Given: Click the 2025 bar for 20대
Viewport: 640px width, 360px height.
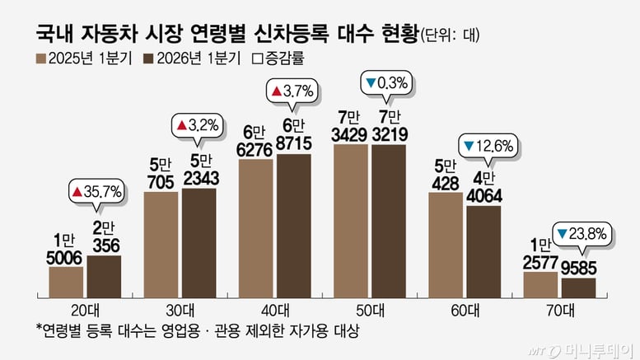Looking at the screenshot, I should pos(66,282).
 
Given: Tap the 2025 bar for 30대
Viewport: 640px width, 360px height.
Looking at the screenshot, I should pos(161,245).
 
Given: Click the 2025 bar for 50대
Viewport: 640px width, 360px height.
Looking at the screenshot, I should pos(351,221).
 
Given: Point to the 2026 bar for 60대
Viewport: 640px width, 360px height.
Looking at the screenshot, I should pos(484,251).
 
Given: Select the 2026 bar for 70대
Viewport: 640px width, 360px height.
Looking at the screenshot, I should pos(578,288).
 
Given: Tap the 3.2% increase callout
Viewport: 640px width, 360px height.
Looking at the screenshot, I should pos(196,126).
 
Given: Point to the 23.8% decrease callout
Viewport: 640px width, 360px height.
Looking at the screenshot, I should pos(582,233).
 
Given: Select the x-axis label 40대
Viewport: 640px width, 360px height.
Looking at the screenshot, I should pos(274,311).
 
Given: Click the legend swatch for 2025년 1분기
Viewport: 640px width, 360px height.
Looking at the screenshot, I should pos(40,58).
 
